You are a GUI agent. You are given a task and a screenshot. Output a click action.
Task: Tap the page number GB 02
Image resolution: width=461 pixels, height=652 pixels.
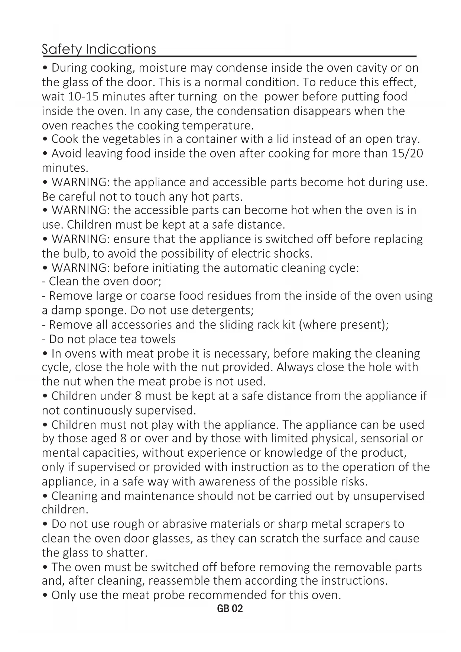230,609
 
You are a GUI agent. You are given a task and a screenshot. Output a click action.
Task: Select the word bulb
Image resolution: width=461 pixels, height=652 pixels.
77,254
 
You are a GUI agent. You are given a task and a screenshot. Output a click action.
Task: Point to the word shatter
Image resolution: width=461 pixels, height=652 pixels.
127,553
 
